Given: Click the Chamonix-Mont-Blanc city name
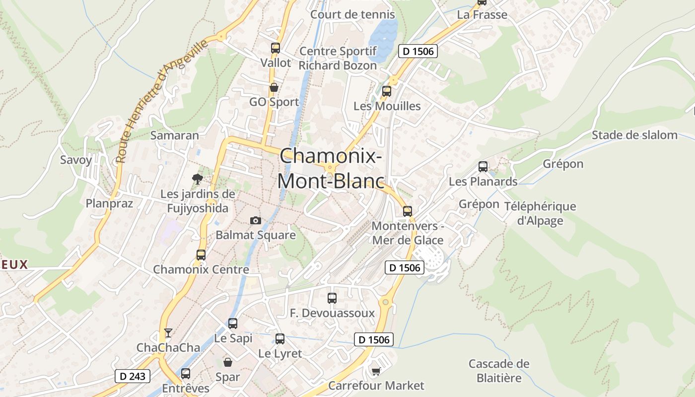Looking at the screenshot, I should [331, 169].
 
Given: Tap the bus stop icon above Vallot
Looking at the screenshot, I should [276, 48].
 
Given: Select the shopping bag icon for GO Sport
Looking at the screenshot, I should [274, 88].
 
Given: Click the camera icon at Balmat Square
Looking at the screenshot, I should [256, 220].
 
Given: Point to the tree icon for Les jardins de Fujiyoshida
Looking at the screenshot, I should [198, 179].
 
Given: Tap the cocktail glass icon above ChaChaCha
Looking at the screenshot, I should [168, 333].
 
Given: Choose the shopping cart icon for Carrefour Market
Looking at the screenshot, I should [376, 371].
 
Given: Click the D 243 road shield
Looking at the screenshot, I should [133, 376].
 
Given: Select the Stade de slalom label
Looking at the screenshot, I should [634, 135].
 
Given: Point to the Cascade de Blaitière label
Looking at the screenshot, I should [499, 371].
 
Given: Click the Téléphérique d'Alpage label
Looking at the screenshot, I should [540, 213].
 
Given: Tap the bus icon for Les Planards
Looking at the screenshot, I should [483, 167].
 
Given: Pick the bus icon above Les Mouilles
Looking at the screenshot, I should [387, 91].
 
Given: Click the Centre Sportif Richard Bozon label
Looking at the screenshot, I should [338, 58].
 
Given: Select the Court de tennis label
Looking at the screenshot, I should [352, 14].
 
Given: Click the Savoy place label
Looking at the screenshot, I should [76, 160].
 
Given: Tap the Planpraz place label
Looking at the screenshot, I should [109, 203].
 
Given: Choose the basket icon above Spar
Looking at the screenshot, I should [228, 362].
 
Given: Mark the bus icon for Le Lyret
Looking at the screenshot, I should [280, 339].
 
